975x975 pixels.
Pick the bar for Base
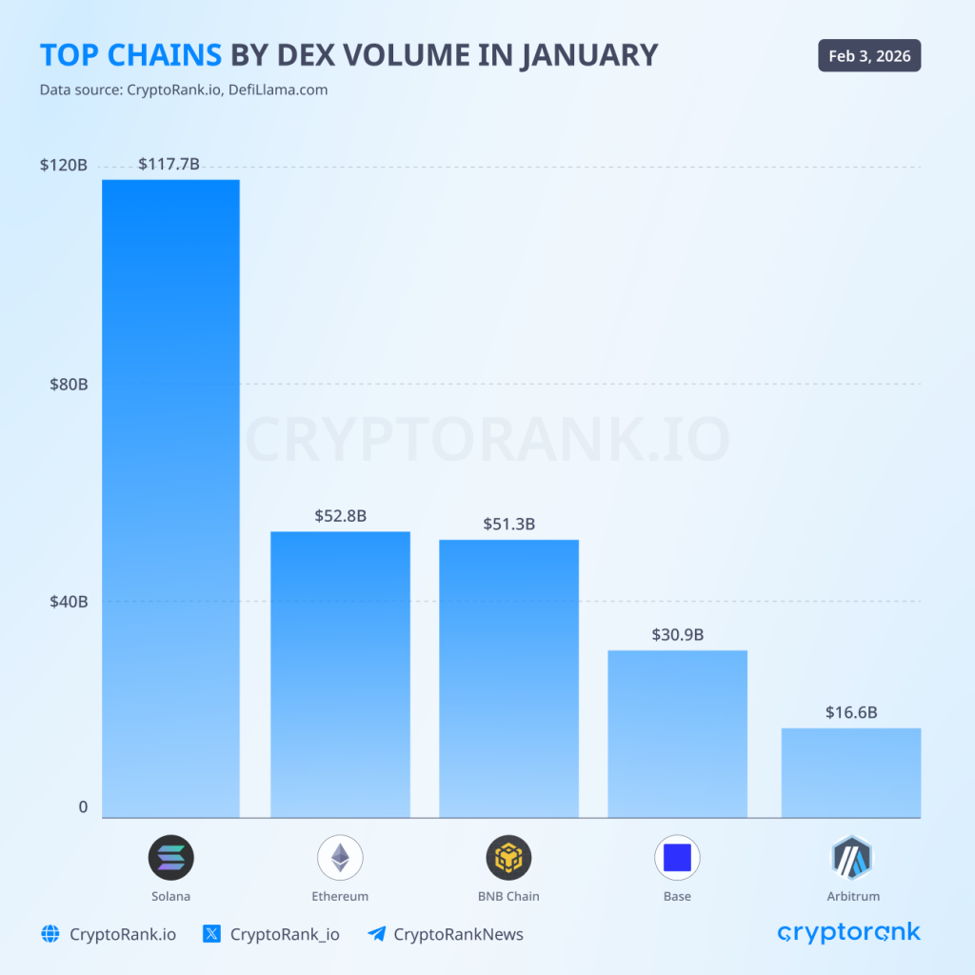(677, 733)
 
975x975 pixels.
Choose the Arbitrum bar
(850, 772)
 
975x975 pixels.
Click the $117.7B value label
(169, 164)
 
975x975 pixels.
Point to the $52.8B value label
(340, 516)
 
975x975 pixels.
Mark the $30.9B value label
(677, 634)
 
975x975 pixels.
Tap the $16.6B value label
(850, 712)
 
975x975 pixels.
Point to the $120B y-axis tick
(63, 165)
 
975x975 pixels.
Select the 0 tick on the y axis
(83, 806)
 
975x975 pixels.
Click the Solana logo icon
(170, 857)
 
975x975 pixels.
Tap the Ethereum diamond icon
(340, 857)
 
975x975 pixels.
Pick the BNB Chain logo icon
(508, 857)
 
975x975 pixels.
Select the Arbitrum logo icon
(851, 857)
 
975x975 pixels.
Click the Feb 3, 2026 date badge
(869, 56)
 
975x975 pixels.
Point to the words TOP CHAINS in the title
(129, 55)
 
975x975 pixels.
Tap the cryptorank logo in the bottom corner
(849, 932)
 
